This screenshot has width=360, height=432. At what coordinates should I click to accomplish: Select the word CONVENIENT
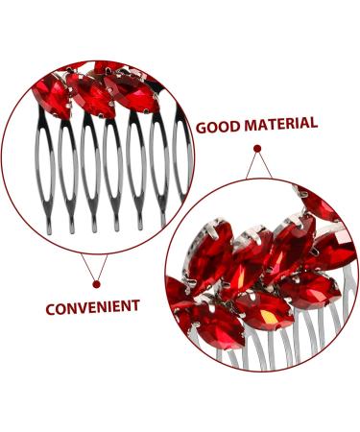click(x=92, y=308)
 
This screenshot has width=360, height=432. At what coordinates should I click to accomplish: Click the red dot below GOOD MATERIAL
click(x=256, y=148)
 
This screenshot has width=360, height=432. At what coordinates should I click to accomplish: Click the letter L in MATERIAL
click(x=313, y=122)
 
